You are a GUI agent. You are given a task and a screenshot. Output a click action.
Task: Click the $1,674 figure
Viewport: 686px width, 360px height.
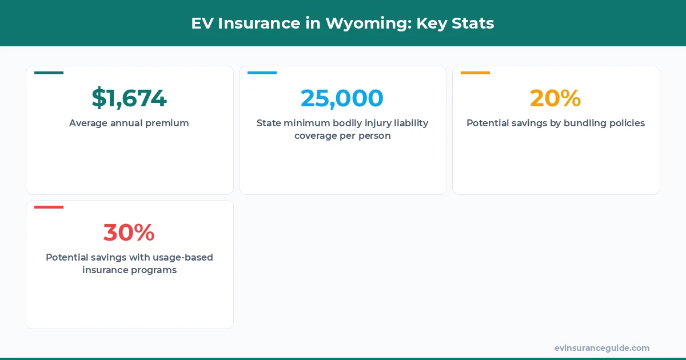[129, 98]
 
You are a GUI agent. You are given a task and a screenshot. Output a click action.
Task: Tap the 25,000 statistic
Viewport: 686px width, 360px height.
[342, 98]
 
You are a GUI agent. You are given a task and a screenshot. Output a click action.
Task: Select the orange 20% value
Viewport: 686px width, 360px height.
[555, 98]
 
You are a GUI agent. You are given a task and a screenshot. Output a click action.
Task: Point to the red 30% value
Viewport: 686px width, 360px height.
[129, 233]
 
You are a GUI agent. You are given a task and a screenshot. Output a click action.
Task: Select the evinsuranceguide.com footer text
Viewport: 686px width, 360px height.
[601, 348]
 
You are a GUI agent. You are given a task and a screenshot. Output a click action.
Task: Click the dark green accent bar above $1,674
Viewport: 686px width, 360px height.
[49, 73]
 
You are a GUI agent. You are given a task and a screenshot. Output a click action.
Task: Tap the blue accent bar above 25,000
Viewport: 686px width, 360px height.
[262, 73]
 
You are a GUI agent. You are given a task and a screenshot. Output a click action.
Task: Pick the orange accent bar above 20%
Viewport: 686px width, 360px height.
[475, 73]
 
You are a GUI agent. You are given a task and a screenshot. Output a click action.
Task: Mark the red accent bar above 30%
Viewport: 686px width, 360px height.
[49, 207]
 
